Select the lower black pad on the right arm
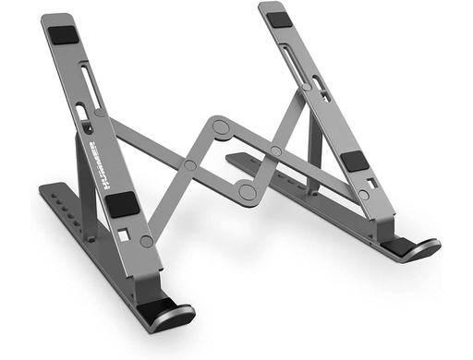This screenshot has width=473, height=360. (354, 161)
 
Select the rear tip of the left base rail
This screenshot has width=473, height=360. (44, 190)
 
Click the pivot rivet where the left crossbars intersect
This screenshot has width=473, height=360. (188, 165)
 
